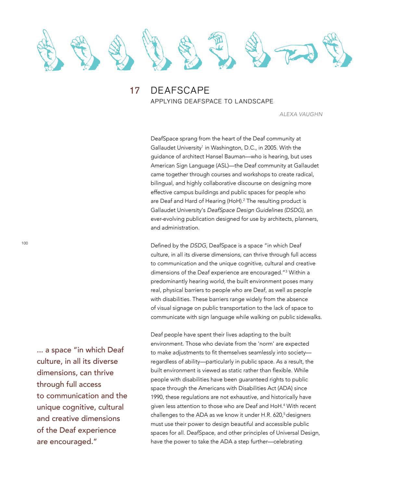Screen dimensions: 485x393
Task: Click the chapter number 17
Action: pyautogui.click(x=134, y=90)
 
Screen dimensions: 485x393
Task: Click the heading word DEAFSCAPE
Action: pyautogui.click(x=180, y=90)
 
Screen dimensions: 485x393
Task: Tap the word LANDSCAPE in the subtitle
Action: pyautogui.click(x=254, y=101)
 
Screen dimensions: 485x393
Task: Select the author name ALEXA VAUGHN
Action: pyautogui.click(x=301, y=114)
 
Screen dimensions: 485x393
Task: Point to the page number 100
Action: pyautogui.click(x=25, y=243)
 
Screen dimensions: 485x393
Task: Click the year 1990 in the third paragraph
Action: pyautogui.click(x=157, y=397)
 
